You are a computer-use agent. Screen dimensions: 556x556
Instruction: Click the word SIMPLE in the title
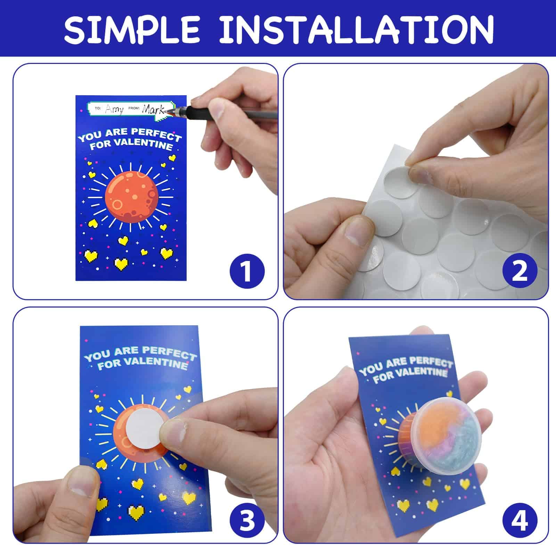(132, 28)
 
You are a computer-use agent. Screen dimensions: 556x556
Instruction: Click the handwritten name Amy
(114, 109)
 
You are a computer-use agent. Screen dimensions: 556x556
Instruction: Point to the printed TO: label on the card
(98, 108)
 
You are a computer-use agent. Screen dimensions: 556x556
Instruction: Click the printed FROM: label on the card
(134, 108)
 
